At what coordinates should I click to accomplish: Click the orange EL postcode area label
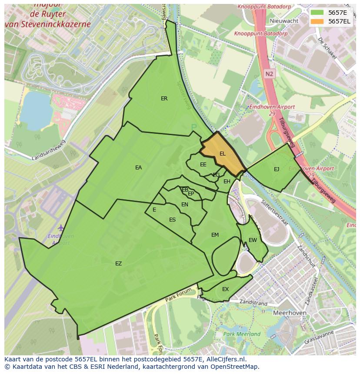(x=223, y=154)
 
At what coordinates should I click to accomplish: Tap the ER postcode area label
(x=164, y=99)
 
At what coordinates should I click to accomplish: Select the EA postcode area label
(x=138, y=168)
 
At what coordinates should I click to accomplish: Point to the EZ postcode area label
(x=118, y=264)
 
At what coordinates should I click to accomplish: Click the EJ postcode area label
(x=277, y=169)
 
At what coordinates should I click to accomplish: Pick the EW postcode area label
(x=253, y=240)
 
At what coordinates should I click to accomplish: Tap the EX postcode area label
(x=225, y=289)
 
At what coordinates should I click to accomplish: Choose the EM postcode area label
(x=215, y=235)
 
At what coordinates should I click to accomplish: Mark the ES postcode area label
(x=172, y=220)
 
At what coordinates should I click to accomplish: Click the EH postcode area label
(x=227, y=182)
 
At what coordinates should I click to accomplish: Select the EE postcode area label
(x=203, y=165)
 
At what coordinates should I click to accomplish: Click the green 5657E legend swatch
(x=317, y=13)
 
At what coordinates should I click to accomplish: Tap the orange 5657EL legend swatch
(x=317, y=21)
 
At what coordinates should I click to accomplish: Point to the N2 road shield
(x=270, y=74)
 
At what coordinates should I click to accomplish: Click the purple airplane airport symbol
(x=60, y=228)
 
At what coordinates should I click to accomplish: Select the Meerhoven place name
(x=290, y=313)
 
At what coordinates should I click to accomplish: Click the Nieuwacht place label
(x=284, y=21)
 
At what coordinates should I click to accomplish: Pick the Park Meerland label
(x=242, y=334)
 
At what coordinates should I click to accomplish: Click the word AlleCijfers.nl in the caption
(x=225, y=359)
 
